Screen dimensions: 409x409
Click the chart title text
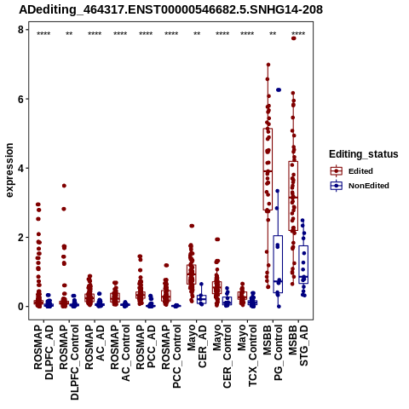tap(170, 10)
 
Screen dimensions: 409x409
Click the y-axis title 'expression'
tap(9, 170)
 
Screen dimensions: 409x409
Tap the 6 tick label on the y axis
tap(20, 99)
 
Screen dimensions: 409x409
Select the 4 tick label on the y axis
tap(20, 168)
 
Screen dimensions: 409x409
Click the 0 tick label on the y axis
tap(20, 307)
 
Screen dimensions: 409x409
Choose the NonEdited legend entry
tap(360, 186)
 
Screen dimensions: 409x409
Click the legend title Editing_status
tap(364, 154)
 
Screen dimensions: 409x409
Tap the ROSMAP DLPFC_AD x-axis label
tap(43, 352)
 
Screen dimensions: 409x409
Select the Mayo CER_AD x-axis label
tap(197, 346)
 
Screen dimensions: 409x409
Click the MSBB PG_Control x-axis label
tap(273, 353)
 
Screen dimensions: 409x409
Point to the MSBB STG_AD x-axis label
tap(298, 345)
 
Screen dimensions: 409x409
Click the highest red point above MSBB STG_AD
tap(294, 38)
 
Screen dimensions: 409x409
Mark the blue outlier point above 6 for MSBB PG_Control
tap(279, 89)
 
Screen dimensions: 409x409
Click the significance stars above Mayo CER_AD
tap(197, 34)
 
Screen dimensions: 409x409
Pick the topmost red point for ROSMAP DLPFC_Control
tap(64, 186)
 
